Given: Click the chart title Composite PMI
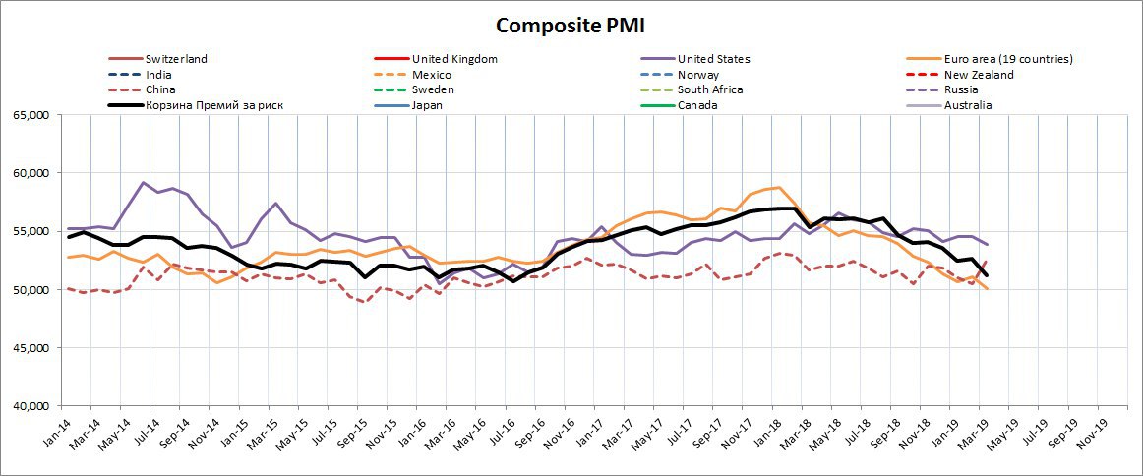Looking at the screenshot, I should tap(571, 25).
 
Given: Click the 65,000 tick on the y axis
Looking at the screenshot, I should tap(31, 115).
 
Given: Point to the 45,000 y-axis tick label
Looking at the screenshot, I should tap(31, 348).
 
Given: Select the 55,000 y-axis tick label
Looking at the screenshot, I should tap(31, 231).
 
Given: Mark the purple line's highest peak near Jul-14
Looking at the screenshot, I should tap(144, 183).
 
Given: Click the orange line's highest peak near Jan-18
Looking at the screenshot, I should tap(779, 187).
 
